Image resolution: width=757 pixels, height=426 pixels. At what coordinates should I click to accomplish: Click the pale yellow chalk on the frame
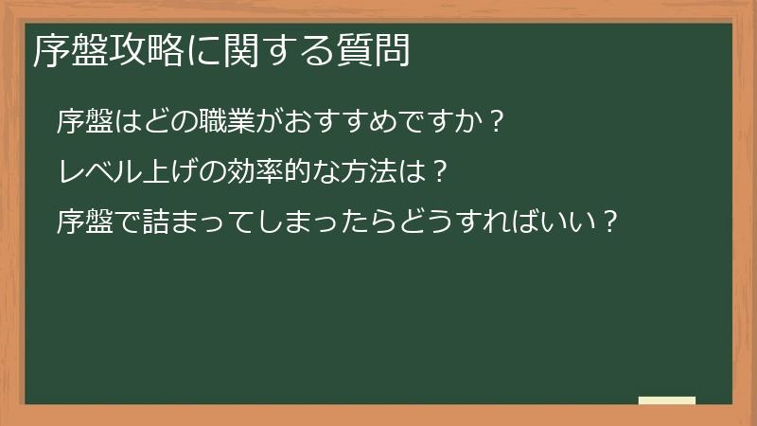click(x=666, y=400)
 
